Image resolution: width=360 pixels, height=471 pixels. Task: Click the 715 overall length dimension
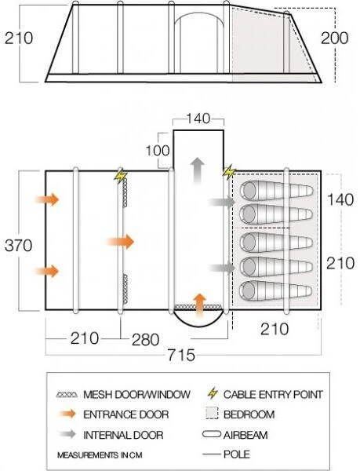[x=181, y=355]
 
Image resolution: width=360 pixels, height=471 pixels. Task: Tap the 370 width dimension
[x=18, y=246]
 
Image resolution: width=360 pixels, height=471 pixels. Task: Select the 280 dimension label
[x=146, y=340]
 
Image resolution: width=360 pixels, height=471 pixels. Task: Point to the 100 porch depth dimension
[x=158, y=150]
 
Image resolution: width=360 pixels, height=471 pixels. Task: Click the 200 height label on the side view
[x=334, y=38]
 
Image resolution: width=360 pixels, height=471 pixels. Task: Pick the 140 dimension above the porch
[x=198, y=118]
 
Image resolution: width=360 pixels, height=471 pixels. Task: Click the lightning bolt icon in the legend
[x=213, y=393]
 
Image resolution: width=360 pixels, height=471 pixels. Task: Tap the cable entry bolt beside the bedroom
[x=230, y=172]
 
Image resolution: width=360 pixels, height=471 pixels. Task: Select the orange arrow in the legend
[x=68, y=414]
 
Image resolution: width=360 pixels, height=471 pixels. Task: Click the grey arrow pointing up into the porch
[x=198, y=170]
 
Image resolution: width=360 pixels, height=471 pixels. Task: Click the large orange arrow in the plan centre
[x=120, y=242]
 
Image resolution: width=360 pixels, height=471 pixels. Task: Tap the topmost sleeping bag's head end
[x=249, y=190]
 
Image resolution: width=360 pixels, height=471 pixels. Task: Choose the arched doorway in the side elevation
[x=199, y=13]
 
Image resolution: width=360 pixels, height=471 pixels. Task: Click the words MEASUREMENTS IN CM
[x=100, y=455]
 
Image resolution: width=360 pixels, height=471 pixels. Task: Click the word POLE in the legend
[x=236, y=454]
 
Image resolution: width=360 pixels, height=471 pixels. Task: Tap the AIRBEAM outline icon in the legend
[x=212, y=434]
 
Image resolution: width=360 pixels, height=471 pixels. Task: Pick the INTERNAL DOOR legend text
[x=123, y=435]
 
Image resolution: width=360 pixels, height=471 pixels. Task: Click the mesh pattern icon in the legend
[x=67, y=394]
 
